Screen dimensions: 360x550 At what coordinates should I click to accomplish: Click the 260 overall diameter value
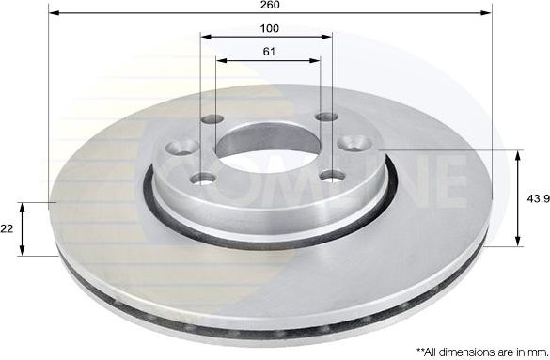[x=271, y=5]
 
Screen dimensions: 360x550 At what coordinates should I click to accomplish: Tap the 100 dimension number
[x=270, y=28]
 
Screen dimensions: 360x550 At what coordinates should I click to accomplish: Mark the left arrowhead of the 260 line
[x=52, y=14]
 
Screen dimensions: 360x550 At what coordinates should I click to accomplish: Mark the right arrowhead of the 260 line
[x=488, y=14]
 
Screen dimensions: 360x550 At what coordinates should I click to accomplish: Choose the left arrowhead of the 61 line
[x=220, y=60]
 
